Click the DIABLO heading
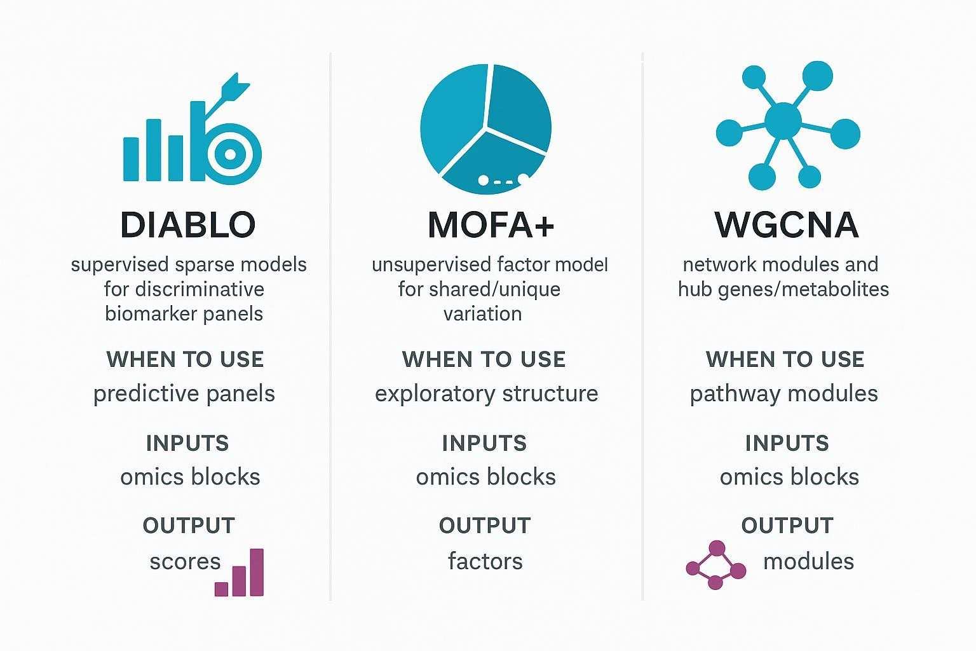pos(187,224)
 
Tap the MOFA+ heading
pos(491,224)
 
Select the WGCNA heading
pos(787,224)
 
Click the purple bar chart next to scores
pos(240,573)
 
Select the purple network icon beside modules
pos(716,565)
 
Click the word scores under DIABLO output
pos(185,561)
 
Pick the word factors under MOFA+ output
pos(485,561)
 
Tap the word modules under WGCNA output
pos(808,561)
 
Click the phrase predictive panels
pos(184,394)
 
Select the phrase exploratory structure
pos(486,394)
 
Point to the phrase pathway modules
pos(783,394)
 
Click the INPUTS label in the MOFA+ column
pos(484,443)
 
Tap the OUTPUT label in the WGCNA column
pos(787,526)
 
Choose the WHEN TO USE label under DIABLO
pos(185,359)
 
